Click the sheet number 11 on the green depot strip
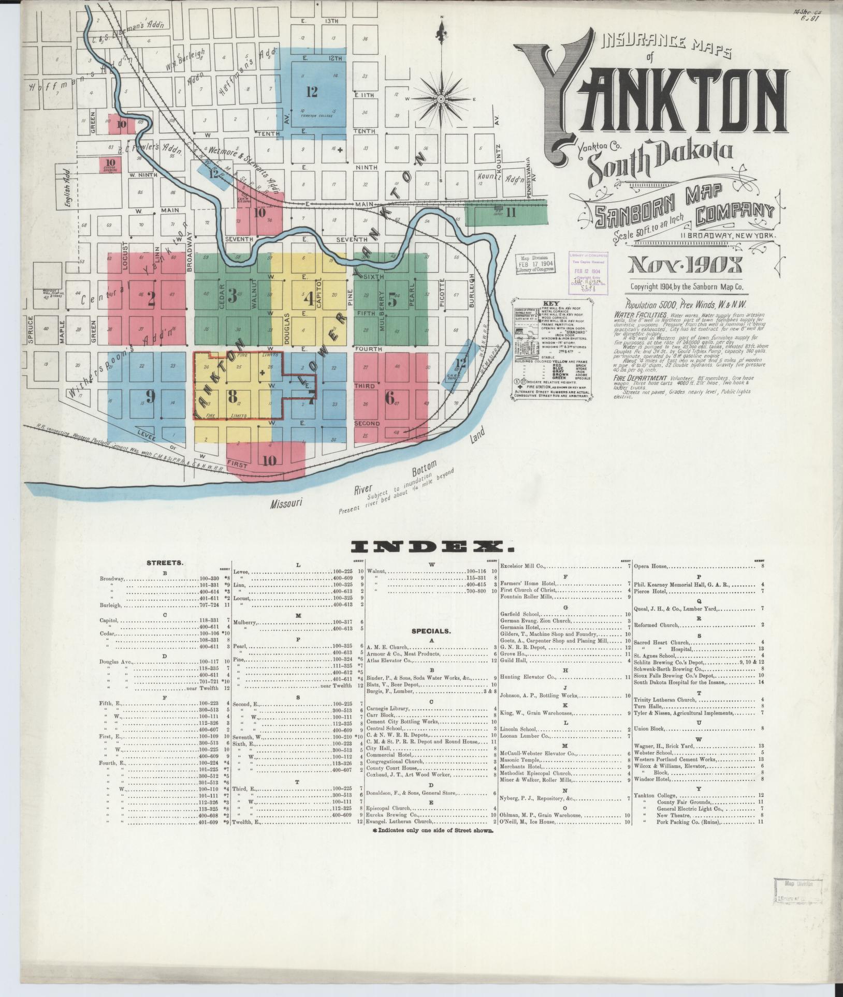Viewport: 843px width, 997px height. tap(511, 212)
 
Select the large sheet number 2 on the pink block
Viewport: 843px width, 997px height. tap(151, 299)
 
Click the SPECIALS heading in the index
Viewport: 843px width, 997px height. tap(431, 631)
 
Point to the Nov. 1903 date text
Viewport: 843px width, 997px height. tap(685, 266)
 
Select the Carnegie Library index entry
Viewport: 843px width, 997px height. tap(388, 709)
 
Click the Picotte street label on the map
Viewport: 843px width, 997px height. tap(442, 293)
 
